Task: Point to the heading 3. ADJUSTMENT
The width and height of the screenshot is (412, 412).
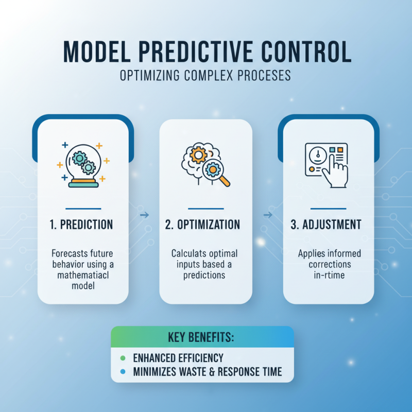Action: coord(329,225)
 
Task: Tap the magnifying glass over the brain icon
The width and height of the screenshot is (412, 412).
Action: coord(215,172)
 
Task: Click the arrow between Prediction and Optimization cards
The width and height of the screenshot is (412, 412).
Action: coord(144,215)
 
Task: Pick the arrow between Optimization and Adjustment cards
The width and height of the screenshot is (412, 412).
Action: coord(268,215)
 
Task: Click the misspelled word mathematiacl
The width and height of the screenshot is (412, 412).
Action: coord(83,275)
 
